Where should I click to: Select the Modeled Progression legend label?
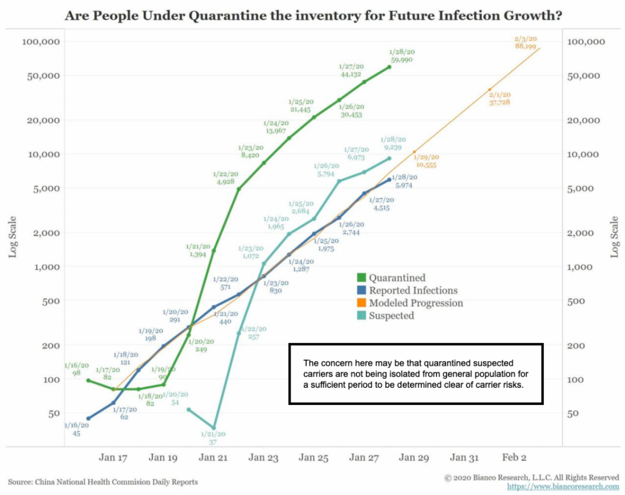coord(416,303)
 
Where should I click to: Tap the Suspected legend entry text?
coord(391,315)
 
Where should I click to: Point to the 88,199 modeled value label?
coord(527,46)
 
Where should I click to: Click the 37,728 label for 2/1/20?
coord(499,103)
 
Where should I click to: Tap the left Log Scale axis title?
coord(11,237)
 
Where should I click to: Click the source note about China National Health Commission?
coord(103,482)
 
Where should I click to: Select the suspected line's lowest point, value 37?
coord(214,428)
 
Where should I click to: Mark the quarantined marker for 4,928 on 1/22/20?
coord(239,189)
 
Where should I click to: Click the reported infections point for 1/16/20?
coord(88,418)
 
